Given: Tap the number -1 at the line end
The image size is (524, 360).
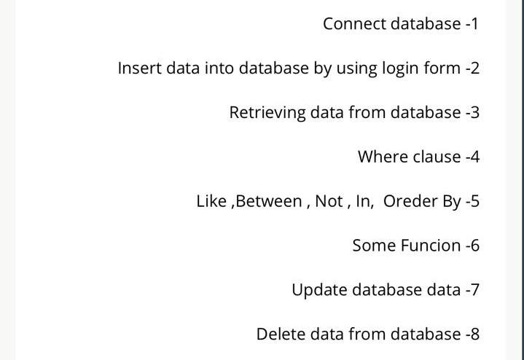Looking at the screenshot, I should pos(472,23).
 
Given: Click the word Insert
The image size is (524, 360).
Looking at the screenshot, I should pos(139,68).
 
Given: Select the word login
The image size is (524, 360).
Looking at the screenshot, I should pos(399,69).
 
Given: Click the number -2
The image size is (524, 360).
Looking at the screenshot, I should pos(472,68).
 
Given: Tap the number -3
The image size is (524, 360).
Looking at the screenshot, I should pos(472,112).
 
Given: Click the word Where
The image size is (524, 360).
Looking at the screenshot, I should pos(383,157).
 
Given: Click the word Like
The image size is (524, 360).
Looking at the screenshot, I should pos(211,201).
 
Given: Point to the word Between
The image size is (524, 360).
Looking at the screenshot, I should pos(268,201).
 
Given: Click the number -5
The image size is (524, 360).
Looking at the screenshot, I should pos(472,201).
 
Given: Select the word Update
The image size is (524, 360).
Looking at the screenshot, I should pos(318,290).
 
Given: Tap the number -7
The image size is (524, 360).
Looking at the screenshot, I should pos(472,290).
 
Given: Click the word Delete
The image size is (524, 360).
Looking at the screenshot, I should pos(280,334).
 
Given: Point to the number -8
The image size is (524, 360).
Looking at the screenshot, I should pos(472,334).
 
